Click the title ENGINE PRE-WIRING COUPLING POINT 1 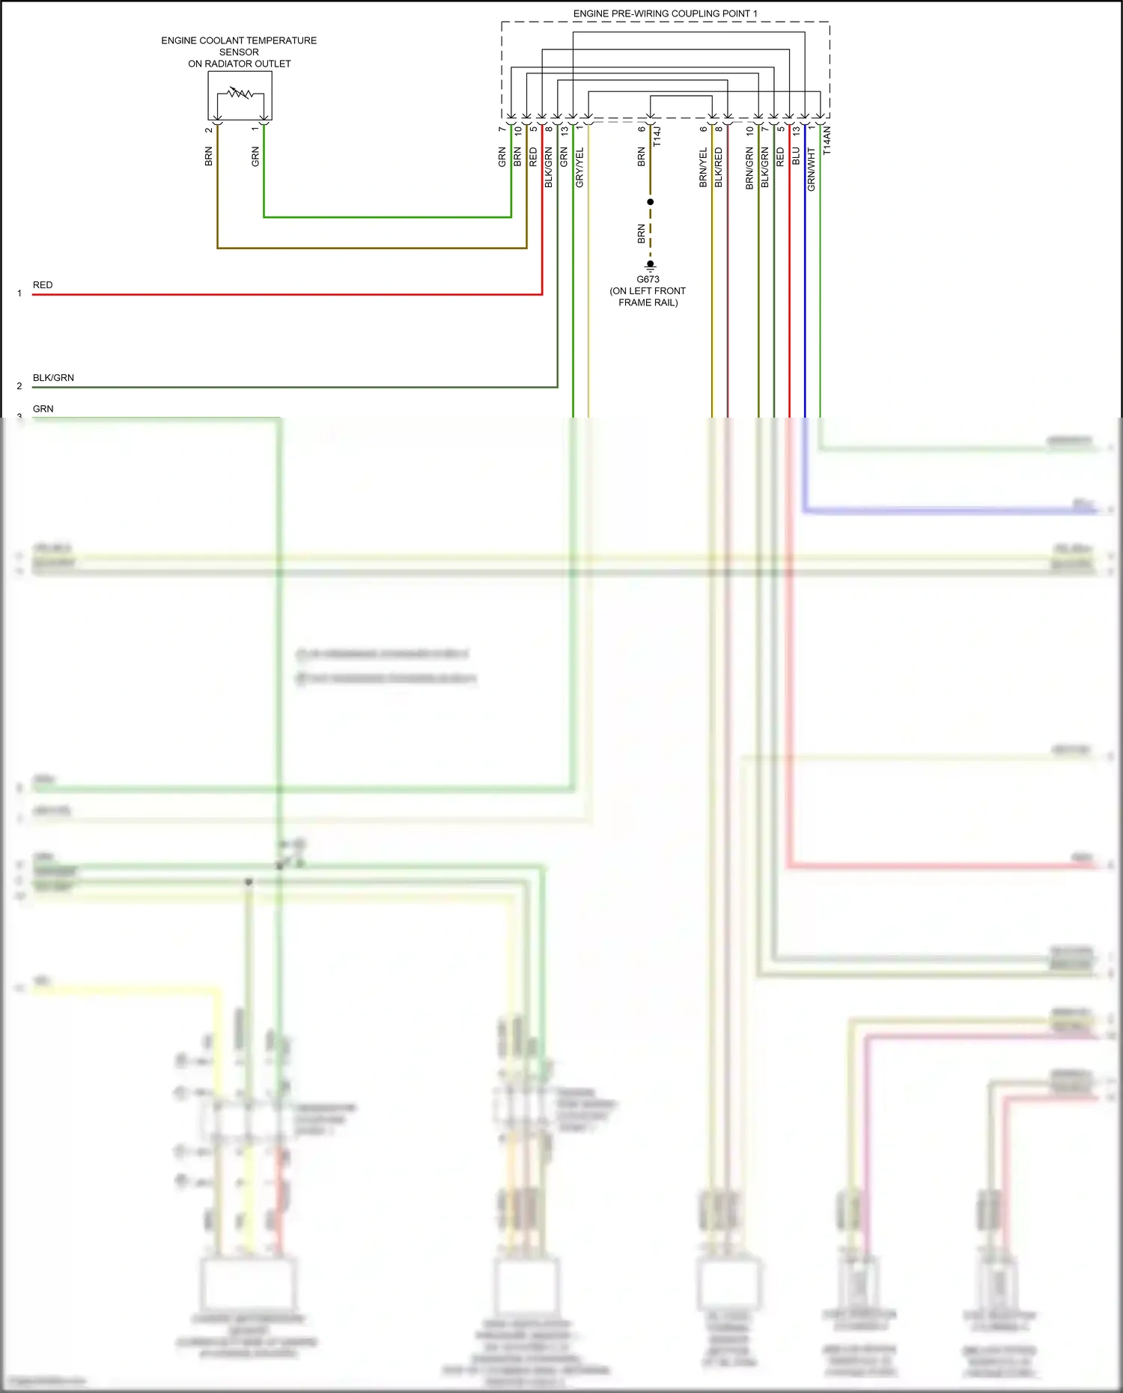(x=665, y=13)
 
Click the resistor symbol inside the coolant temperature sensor (x=240, y=94)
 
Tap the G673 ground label (x=648, y=279)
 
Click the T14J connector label (x=657, y=136)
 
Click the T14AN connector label (x=827, y=141)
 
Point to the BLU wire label (x=796, y=156)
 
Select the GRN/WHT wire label (x=812, y=169)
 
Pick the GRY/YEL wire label (x=579, y=168)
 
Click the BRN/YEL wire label (x=703, y=168)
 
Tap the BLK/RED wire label (x=719, y=168)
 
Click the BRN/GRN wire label (x=749, y=168)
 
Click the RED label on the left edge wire (x=43, y=285)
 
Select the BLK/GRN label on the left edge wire (x=53, y=378)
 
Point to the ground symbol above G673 (x=650, y=266)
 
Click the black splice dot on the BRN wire (x=650, y=202)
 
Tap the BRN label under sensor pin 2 (x=209, y=156)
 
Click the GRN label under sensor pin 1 (x=255, y=156)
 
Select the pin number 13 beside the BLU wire (x=796, y=130)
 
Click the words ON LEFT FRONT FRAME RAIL (x=648, y=296)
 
